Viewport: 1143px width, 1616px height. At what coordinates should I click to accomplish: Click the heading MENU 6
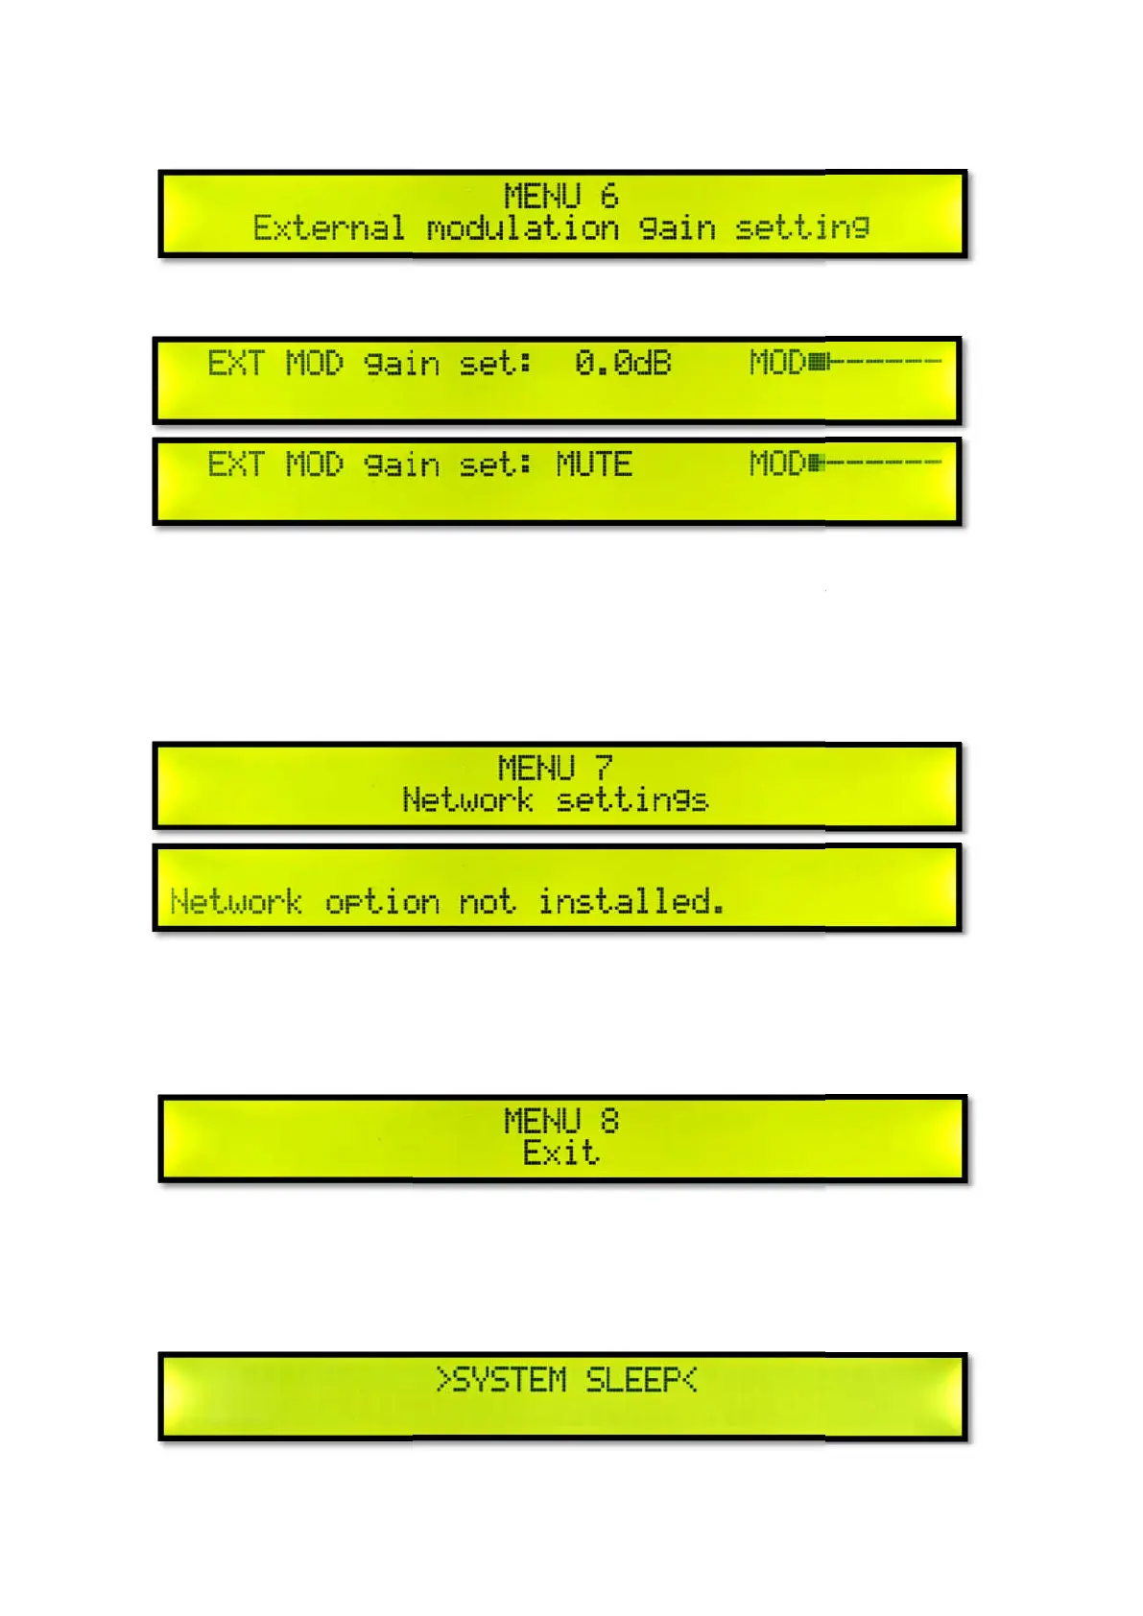tap(560, 196)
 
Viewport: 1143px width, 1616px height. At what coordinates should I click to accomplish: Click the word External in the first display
tap(328, 228)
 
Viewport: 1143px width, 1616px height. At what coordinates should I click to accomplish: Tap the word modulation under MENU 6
tap(523, 228)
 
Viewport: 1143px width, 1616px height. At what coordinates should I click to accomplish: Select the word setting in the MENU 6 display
tap(802, 228)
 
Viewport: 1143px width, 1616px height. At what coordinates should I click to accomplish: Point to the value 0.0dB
tap(623, 363)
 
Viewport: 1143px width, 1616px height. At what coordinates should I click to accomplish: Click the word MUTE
tap(594, 464)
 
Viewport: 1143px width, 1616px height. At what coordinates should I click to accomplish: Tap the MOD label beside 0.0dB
tap(777, 363)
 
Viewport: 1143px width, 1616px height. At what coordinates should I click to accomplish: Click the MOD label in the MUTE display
tap(777, 463)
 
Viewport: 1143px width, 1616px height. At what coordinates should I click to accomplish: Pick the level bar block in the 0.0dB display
tap(819, 362)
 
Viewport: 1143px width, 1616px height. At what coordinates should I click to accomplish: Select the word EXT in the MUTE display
tap(235, 464)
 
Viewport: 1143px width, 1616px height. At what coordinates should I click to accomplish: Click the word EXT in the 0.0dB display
tap(235, 363)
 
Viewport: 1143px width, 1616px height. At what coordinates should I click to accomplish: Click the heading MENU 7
tap(555, 768)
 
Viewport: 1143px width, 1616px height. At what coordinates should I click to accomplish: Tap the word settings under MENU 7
tap(632, 799)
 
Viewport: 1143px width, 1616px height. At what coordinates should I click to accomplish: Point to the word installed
tap(630, 901)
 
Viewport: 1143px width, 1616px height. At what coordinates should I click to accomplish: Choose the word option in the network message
tap(382, 902)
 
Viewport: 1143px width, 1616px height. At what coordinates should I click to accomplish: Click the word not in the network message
tap(487, 902)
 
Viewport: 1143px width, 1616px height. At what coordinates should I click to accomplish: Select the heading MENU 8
tap(560, 1121)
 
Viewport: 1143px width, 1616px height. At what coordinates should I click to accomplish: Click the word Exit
tap(560, 1152)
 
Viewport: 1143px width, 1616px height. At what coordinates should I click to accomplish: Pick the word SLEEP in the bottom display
tap(633, 1380)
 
